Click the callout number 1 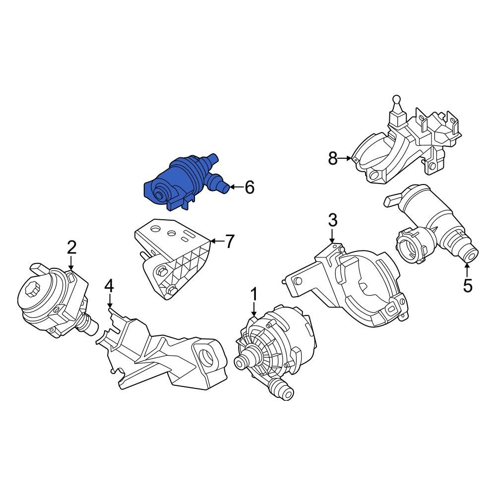click(254, 294)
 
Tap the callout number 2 click(71, 247)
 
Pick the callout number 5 click(468, 286)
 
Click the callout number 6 click(249, 187)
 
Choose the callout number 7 click(229, 242)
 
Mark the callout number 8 click(332, 159)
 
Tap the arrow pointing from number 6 click(236, 187)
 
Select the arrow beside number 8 click(345, 159)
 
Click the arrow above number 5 click(467, 270)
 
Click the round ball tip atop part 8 click(396, 100)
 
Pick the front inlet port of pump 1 click(244, 361)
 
